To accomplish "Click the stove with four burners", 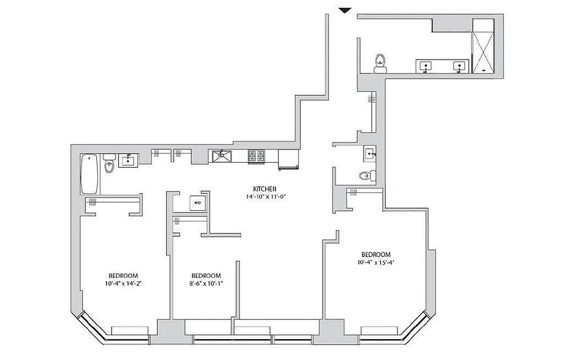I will [x=257, y=157].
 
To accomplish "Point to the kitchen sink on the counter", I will [x=222, y=157].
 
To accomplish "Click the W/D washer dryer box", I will [x=197, y=203].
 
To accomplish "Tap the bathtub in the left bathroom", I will [x=90, y=174].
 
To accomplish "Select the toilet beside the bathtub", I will [x=109, y=165].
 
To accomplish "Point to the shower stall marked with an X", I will [x=483, y=46].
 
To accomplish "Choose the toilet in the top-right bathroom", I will [x=380, y=63].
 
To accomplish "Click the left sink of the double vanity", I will [x=425, y=66].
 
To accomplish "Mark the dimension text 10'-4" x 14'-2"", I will [x=123, y=283].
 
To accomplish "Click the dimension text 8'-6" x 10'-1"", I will [x=206, y=283].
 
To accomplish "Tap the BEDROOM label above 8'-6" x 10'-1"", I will [x=206, y=276].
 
